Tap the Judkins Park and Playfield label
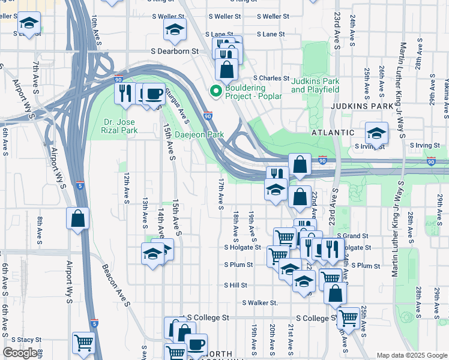[x=315, y=85]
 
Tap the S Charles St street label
[x=271, y=78]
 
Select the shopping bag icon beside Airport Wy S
[x=77, y=219]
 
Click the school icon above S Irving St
[x=376, y=133]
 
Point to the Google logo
[x=20, y=353]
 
